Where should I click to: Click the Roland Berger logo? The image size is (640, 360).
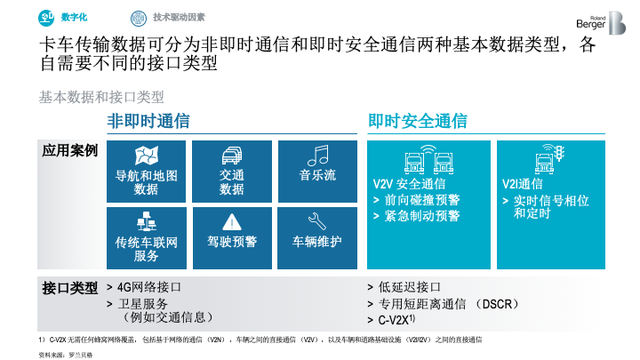[601, 23]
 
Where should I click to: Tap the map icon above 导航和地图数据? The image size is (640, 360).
[147, 155]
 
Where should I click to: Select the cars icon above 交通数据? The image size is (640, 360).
[232, 156]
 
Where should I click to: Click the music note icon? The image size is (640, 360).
[318, 156]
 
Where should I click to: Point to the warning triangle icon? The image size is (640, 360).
[232, 222]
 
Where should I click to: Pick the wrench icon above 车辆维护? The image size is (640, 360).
[317, 221]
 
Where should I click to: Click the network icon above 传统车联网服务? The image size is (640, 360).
[147, 221]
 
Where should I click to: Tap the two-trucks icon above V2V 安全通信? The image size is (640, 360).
[428, 160]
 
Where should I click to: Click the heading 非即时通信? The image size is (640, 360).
[148, 121]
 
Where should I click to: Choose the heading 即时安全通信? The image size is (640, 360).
[418, 121]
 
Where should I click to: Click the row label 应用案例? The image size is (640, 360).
[70, 150]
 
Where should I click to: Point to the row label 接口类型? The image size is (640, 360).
[70, 288]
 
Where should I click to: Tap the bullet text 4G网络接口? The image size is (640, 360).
[149, 287]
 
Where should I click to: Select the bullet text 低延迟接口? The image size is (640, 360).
[410, 287]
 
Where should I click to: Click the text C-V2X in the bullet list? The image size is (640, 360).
[393, 320]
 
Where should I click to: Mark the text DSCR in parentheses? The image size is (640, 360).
[497, 304]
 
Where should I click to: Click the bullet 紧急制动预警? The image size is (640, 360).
[422, 215]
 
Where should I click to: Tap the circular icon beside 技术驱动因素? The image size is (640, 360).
[139, 19]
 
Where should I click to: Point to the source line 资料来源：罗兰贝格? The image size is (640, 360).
[66, 355]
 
